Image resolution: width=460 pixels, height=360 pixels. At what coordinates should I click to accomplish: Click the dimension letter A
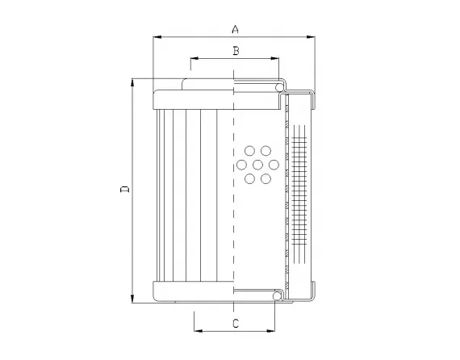235,29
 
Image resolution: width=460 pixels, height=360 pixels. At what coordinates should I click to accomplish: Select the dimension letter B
235,51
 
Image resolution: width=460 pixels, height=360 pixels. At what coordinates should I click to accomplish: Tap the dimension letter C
235,323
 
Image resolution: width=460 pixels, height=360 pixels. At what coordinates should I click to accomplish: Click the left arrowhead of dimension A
156,37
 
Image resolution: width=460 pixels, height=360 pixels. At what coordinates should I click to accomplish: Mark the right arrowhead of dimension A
312,37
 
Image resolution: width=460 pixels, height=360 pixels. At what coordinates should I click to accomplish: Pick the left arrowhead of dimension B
193,59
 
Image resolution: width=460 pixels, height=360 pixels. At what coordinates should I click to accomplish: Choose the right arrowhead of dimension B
276,59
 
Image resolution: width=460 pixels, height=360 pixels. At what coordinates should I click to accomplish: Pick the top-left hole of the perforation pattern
249,151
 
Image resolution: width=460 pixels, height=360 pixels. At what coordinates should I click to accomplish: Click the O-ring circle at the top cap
280,86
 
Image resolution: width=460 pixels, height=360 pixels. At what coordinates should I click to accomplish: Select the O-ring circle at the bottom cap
278,298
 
